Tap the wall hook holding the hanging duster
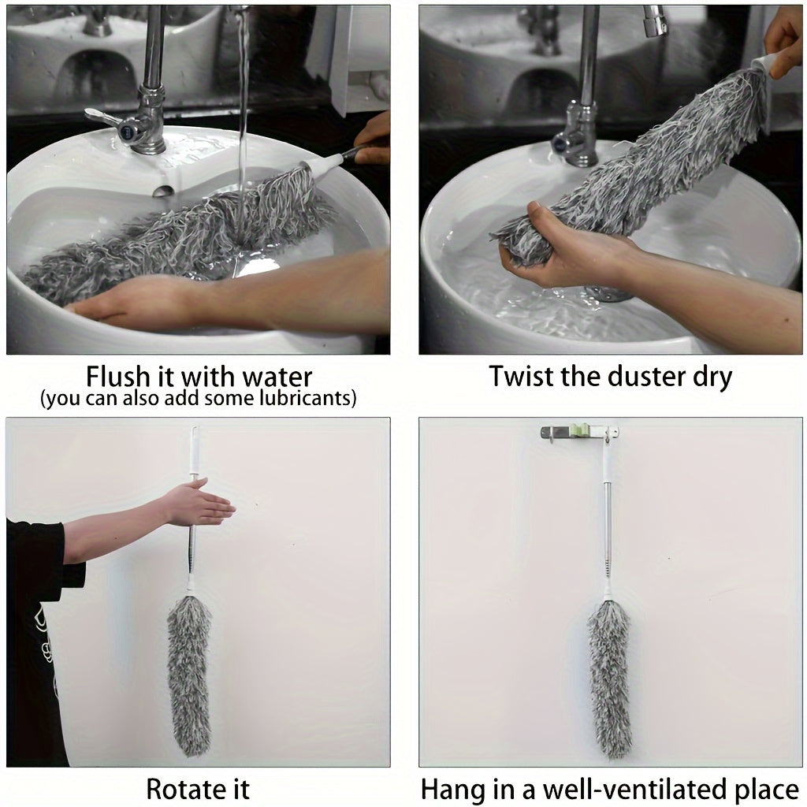579,432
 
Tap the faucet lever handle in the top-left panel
106,118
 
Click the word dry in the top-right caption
709,376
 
